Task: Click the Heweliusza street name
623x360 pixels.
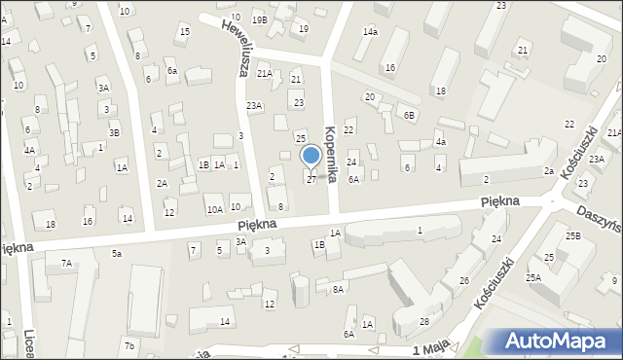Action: (x=234, y=48)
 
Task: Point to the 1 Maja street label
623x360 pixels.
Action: (x=430, y=349)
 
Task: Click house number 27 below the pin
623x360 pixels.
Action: (x=311, y=179)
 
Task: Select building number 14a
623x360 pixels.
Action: (x=370, y=32)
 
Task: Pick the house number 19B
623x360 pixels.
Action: (x=259, y=19)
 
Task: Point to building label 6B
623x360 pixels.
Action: (x=410, y=115)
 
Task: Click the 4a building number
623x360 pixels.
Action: (x=440, y=142)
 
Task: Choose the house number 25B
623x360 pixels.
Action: (x=574, y=236)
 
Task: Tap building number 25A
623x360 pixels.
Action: (x=534, y=277)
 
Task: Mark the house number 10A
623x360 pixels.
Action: (x=214, y=209)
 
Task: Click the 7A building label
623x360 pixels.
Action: (x=66, y=263)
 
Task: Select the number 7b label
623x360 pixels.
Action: (x=129, y=346)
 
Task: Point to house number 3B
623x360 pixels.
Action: (x=114, y=132)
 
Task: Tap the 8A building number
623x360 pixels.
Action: (x=338, y=289)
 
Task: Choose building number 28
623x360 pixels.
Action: (x=424, y=321)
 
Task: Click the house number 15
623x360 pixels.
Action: (x=184, y=32)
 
